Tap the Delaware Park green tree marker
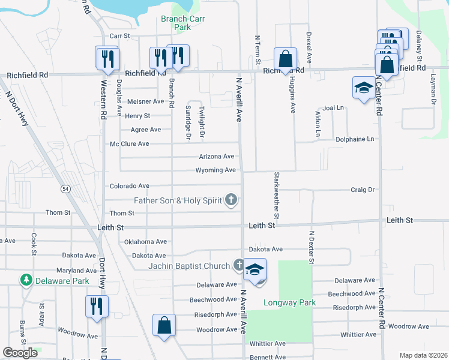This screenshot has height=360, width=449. pyautogui.click(x=26, y=280)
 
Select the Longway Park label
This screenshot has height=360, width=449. pyautogui.click(x=289, y=302)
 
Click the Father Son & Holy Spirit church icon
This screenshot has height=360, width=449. pyautogui.click(x=231, y=200)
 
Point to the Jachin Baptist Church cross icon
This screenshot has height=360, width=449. pyautogui.click(x=239, y=265)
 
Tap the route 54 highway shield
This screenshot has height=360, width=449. pyautogui.click(x=64, y=189)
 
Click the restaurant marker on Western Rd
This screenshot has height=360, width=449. pyautogui.click(x=107, y=58)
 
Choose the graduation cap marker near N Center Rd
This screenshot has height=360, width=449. pyautogui.click(x=363, y=89)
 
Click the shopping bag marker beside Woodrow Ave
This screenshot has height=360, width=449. pyautogui.click(x=164, y=326)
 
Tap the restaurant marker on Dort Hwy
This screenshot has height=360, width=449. pyautogui.click(x=96, y=307)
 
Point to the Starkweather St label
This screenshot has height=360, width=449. pyautogui.click(x=277, y=195)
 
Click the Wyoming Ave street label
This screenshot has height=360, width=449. pyautogui.click(x=215, y=170)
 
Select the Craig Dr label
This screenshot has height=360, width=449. pyautogui.click(x=363, y=190)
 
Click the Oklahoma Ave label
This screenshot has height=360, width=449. pyautogui.click(x=145, y=241)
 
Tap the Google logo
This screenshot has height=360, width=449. pyautogui.click(x=20, y=353)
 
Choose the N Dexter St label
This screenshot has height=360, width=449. pyautogui.click(x=312, y=247)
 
